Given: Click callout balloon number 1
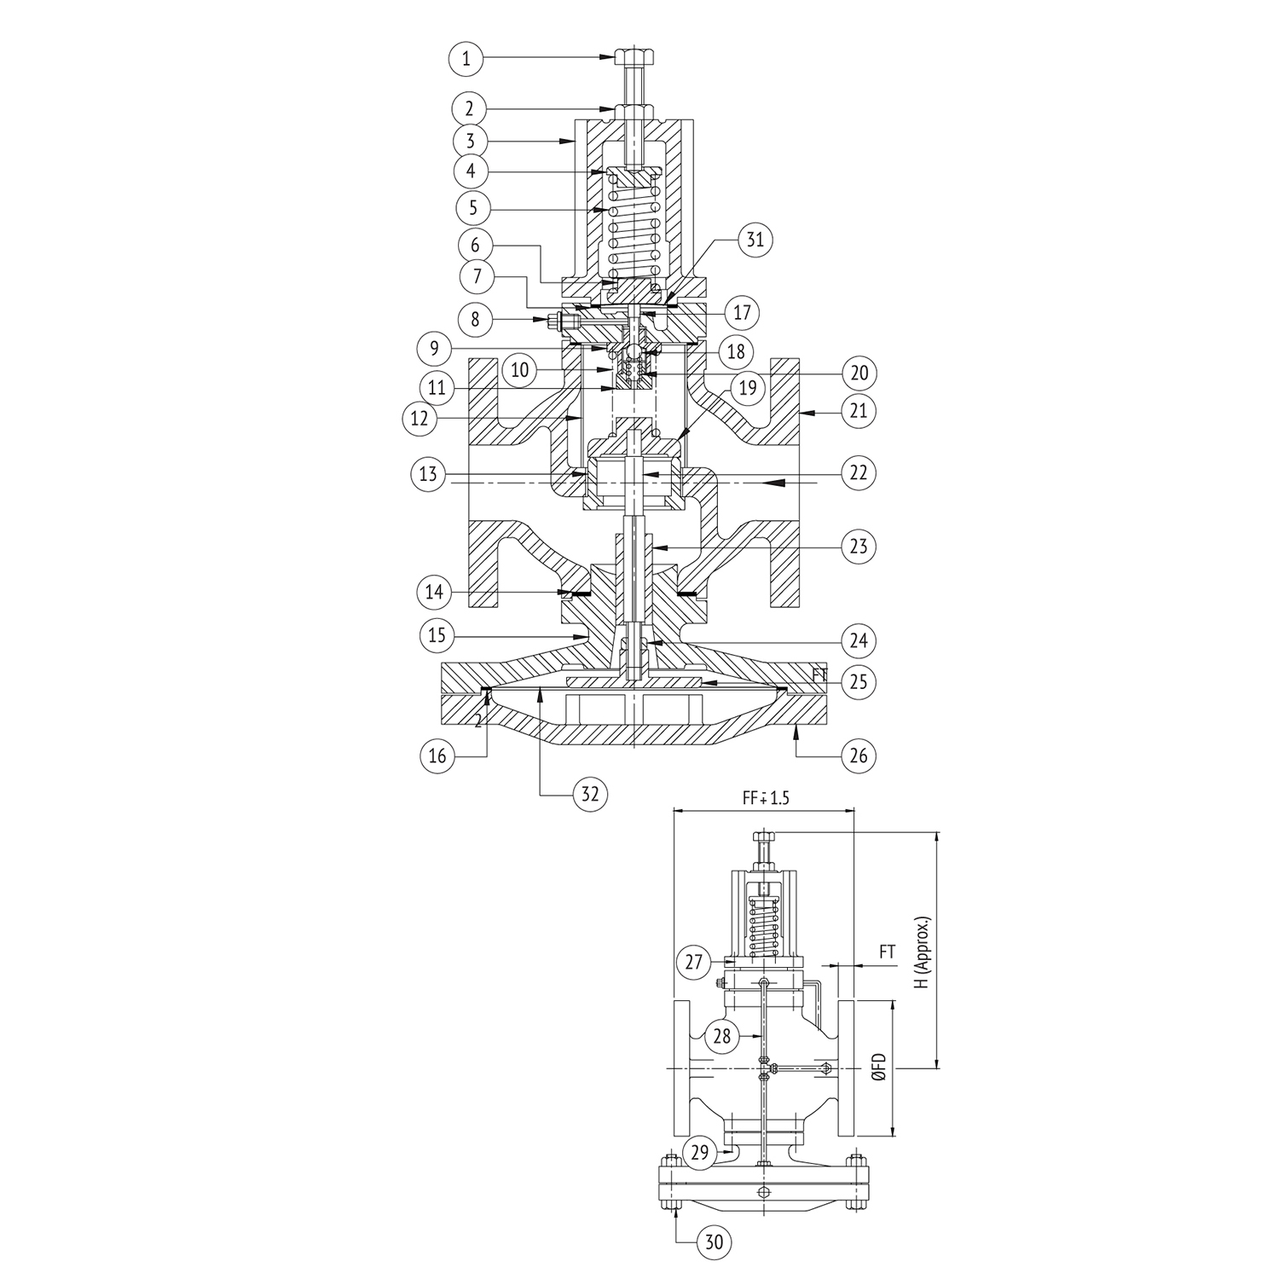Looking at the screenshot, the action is pos(466,59).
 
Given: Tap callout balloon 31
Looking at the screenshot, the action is pos(755,240).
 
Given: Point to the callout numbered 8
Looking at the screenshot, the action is pos(476,321).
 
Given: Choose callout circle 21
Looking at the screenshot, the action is pos(859,411).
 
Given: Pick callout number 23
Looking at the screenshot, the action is pos(859,545).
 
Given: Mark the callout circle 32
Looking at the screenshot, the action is pos(590,795).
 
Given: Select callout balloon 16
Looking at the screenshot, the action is pos(437,756).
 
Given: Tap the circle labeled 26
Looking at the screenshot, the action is pos(859,755).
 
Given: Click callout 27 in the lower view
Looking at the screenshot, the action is pos(694,963).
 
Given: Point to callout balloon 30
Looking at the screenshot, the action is pos(715,1242).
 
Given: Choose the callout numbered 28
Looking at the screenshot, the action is pos(723,1036).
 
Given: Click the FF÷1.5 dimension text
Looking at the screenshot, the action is pos(764,798).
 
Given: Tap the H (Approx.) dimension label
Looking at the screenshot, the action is pos(923,952).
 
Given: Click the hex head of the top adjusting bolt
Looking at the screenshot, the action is pos(634,58).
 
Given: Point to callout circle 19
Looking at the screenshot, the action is pos(747,389).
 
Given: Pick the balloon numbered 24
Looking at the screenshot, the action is pos(859,640).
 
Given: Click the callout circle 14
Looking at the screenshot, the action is pos(436,590).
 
